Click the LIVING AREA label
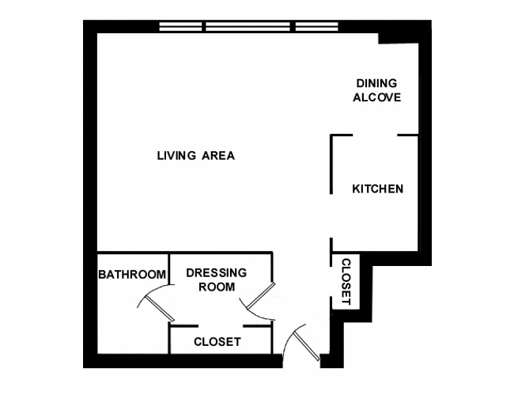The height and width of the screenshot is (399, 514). click(195, 155)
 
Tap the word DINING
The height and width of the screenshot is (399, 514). click(376, 83)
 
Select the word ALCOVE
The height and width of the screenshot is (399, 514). click(376, 97)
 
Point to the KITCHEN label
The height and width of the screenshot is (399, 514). click(378, 189)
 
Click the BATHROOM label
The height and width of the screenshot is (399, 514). click(132, 274)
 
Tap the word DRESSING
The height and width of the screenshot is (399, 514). click(217, 272)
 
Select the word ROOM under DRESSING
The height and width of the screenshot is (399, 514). click(217, 287)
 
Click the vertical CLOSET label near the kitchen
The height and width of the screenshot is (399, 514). click(346, 282)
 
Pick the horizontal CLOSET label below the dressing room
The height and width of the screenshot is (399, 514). click(217, 342)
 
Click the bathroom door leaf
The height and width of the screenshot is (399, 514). click(160, 309)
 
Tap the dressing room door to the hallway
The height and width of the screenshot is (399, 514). click(261, 296)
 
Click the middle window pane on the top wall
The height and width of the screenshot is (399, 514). click(248, 27)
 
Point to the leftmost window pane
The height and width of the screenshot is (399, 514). click(180, 27)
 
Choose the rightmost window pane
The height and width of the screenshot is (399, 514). click(316, 27)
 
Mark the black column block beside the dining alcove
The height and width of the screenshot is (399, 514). click(399, 38)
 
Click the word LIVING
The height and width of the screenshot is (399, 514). click(176, 155)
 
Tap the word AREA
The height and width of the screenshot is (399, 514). click(218, 155)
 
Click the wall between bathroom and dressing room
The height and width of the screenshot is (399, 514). click(168, 268)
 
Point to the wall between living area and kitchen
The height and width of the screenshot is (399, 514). click(331, 164)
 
